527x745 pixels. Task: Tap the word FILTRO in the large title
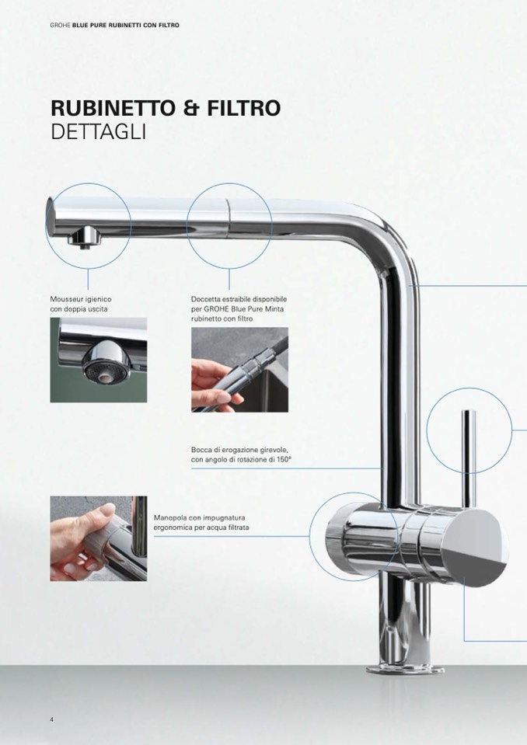tap(244, 108)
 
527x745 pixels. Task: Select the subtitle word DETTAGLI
tap(98, 132)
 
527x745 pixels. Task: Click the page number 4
tap(52, 719)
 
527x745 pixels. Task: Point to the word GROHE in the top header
tap(60, 25)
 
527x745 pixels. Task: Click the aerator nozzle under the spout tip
tap(84, 237)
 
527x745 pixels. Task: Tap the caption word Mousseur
tap(67, 299)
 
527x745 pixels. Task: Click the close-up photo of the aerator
tap(99, 360)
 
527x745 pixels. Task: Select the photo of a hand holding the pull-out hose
tap(239, 370)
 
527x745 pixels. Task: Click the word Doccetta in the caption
tap(205, 299)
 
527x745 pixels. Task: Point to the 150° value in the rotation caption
tap(284, 459)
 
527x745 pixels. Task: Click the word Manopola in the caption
tap(168, 518)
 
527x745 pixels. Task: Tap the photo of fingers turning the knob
tap(99, 539)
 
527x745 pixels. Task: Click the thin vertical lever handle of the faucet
tap(469, 456)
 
